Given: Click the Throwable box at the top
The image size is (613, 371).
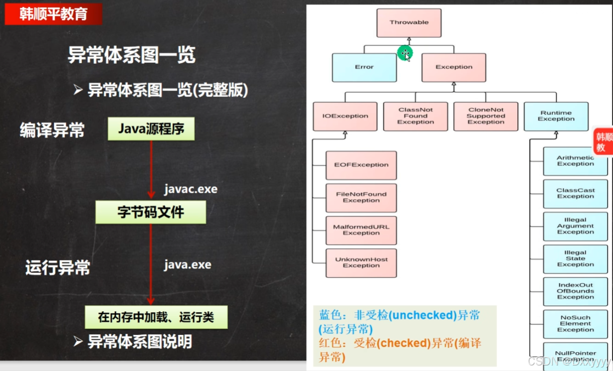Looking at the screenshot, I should click(x=409, y=23).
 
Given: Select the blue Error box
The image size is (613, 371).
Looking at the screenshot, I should click(x=364, y=67).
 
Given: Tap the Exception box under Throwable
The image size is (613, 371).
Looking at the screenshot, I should click(x=454, y=67).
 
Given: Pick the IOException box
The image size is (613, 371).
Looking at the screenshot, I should click(x=345, y=116).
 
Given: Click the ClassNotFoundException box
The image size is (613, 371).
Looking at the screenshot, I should click(x=416, y=116).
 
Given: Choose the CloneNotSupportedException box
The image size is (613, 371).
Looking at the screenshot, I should click(x=486, y=116).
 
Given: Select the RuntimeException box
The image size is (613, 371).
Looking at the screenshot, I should click(x=556, y=116).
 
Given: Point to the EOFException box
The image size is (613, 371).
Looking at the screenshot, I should click(x=361, y=165).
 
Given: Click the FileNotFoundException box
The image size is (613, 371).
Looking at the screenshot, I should click(x=361, y=197).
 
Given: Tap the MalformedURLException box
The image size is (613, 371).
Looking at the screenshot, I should click(x=361, y=230).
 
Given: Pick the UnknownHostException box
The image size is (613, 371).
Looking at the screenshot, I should click(x=361, y=263).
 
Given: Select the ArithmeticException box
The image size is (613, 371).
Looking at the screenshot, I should click(x=575, y=161).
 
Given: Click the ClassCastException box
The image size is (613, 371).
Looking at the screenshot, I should click(x=575, y=194).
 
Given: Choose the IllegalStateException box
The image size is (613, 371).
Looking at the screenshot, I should click(x=575, y=259).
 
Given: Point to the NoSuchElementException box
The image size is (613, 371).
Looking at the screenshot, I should click(x=575, y=324).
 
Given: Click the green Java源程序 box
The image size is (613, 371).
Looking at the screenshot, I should click(x=151, y=129).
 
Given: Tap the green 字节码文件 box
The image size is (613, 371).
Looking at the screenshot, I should click(x=151, y=212).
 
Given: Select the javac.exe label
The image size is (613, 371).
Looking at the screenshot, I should click(x=190, y=190).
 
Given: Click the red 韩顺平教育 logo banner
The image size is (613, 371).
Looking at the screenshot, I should click(x=53, y=14).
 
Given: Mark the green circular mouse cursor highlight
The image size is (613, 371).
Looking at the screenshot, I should click(x=405, y=53).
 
